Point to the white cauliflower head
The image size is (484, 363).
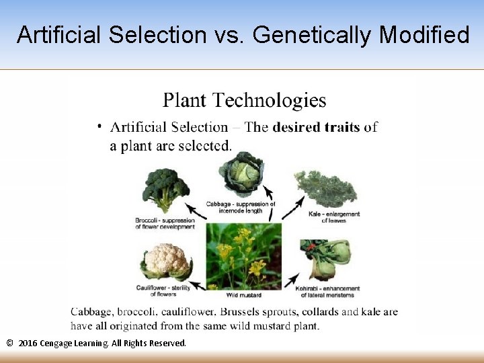tap(165, 262)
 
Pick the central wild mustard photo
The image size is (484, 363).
tap(243, 255)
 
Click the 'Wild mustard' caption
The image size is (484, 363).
tap(244, 295)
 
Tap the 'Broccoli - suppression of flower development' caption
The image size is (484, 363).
tap(164, 224)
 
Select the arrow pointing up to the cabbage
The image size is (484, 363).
tap(270, 212)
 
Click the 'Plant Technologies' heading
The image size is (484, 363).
tap(244, 101)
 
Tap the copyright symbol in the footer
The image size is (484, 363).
tap(9, 344)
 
